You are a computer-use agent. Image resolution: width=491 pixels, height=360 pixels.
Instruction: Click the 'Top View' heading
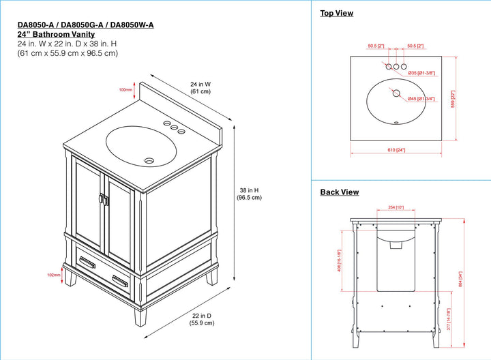click(336, 13)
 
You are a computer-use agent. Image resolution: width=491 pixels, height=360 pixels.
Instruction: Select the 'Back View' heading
click(339, 192)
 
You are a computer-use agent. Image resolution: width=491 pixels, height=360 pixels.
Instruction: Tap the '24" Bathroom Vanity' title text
click(56, 34)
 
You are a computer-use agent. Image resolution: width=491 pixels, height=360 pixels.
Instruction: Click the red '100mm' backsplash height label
click(125, 90)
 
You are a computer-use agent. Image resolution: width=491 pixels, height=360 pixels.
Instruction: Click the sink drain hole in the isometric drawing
click(150, 161)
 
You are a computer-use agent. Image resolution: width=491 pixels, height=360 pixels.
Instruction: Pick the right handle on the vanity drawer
click(120, 281)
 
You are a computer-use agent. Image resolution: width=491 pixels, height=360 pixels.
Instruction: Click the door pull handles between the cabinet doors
click(104, 199)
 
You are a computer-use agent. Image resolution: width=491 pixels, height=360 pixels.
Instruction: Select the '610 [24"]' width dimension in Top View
click(396, 150)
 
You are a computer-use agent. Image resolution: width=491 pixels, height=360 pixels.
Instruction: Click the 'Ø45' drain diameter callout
click(421, 99)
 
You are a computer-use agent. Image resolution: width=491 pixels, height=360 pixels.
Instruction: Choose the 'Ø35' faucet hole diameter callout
click(421, 72)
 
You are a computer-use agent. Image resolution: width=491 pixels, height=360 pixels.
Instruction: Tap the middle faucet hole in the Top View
click(396, 67)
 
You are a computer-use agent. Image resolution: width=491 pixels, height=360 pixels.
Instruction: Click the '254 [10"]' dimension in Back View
click(396, 207)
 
